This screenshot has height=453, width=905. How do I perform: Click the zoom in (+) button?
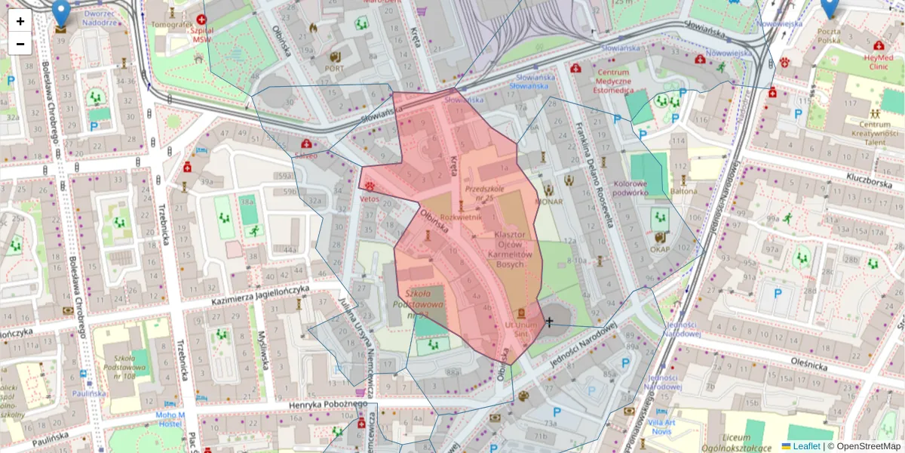[20, 21]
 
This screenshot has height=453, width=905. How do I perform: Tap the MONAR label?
[549, 202]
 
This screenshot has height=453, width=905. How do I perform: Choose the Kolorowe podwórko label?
[631, 188]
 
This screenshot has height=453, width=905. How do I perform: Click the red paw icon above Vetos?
[370, 186]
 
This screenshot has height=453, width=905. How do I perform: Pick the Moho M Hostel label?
[170, 419]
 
